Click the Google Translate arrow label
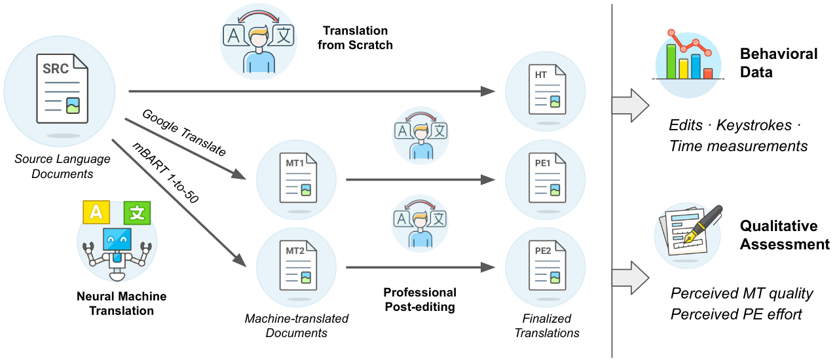pos(183,133)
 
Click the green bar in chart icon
pos(671,61)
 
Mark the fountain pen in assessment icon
pos(705,223)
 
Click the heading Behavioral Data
pos(778,63)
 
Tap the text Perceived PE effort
pos(736,314)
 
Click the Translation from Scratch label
pos(355,38)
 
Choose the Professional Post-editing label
pos(420,299)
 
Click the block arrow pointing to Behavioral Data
pos(629,106)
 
